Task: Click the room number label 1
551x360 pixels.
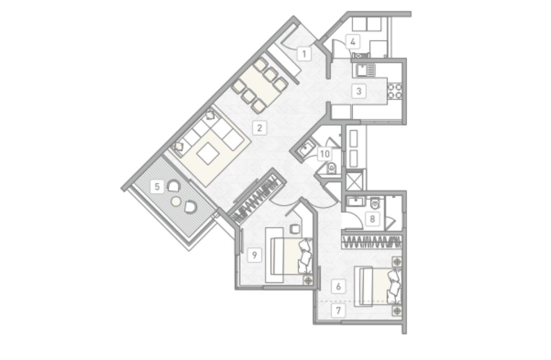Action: coord(305,54)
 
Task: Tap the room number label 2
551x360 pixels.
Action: coord(260,128)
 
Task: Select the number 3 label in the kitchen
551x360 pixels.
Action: coord(359,91)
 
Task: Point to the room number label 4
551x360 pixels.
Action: coord(353,42)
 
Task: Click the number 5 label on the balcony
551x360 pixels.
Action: coord(157,187)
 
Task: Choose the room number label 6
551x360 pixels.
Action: coord(339,286)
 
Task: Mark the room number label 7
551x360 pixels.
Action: coord(339,311)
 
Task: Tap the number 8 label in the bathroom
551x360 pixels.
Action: coord(372,219)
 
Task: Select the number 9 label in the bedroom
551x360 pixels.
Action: coord(254,255)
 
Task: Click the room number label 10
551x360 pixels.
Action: coord(325,154)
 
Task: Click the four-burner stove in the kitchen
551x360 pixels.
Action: coord(395,90)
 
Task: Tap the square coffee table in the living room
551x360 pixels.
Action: coord(207,153)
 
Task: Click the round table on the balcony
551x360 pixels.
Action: coord(176,201)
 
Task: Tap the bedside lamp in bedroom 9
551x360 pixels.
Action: coord(309,280)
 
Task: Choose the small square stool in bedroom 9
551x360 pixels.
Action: coord(294,229)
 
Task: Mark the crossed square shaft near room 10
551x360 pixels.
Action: coord(355,180)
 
